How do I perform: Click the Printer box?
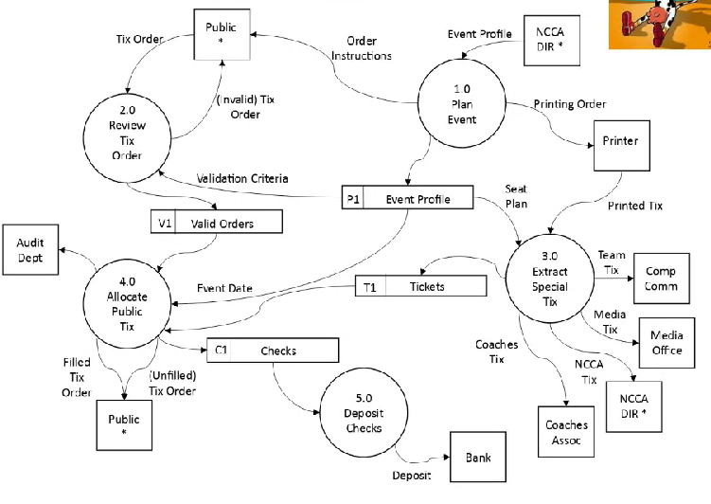[x=620, y=142]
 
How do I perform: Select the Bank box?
[x=478, y=457]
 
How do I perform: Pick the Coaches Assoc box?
[x=566, y=432]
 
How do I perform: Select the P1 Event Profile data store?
[x=408, y=199]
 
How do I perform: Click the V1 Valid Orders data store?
[x=217, y=222]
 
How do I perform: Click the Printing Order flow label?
[x=570, y=103]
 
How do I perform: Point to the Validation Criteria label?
[x=241, y=179]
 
